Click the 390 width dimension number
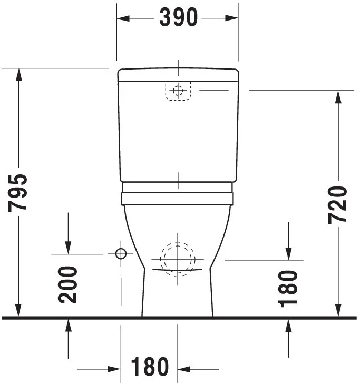(x=178, y=18)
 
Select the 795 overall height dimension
(x=18, y=192)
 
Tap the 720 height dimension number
(x=338, y=204)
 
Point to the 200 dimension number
(x=68, y=284)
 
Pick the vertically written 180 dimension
(x=288, y=288)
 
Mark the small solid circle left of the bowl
(x=121, y=254)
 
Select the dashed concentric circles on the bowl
(x=178, y=258)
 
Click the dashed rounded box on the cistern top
(x=178, y=91)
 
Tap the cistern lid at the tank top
(x=178, y=75)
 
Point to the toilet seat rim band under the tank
(x=178, y=199)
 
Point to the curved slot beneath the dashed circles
(x=178, y=271)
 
